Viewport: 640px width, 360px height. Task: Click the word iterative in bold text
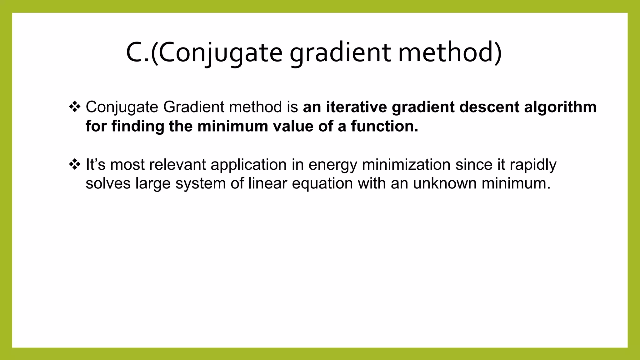(x=356, y=107)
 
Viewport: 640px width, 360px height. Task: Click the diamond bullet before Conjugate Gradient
(x=74, y=107)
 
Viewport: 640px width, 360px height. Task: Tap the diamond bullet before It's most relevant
(x=74, y=164)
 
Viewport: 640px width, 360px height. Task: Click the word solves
(x=108, y=183)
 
